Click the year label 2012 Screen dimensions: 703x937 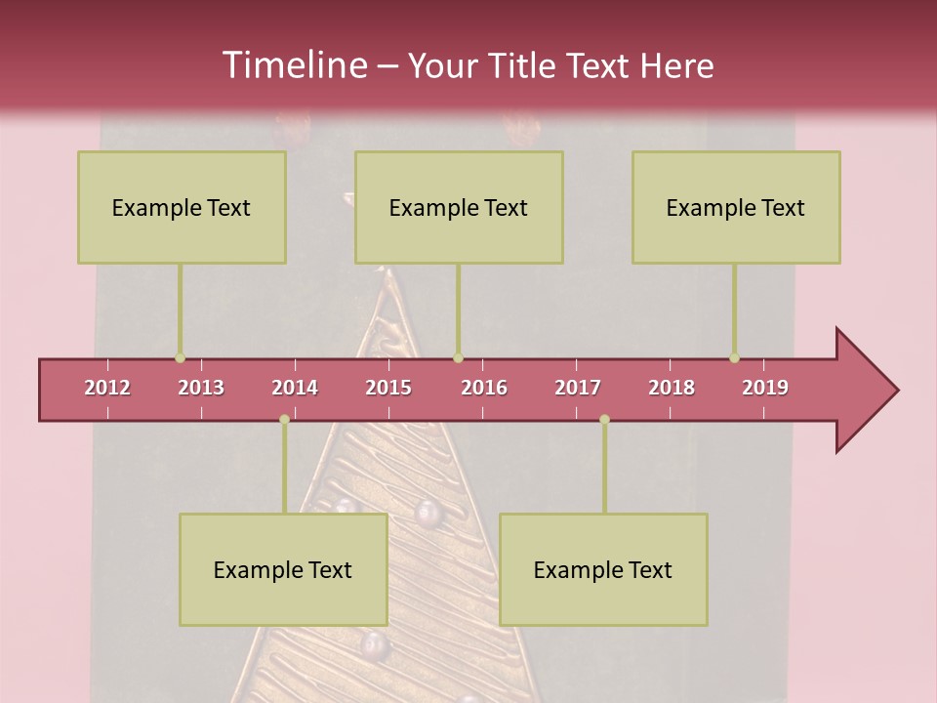(107, 388)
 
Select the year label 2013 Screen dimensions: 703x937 (201, 388)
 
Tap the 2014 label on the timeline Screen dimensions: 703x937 (295, 388)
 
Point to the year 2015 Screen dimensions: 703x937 (388, 388)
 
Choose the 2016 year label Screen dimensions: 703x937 (484, 388)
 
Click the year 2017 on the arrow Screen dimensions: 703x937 (578, 388)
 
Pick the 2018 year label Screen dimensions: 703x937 (672, 388)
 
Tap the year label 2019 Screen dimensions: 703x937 (765, 388)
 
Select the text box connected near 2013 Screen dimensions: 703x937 (182, 207)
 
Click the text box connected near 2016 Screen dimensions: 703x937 (459, 207)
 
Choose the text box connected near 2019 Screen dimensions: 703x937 (736, 207)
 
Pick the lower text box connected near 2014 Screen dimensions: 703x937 (283, 569)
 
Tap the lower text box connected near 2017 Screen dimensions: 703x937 (603, 569)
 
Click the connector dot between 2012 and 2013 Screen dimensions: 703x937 (180, 358)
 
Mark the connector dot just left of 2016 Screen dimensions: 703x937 (459, 358)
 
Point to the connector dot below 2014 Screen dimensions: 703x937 (284, 419)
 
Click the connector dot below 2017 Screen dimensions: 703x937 (604, 419)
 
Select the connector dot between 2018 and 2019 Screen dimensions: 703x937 (735, 358)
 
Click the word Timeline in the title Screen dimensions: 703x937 (294, 65)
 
